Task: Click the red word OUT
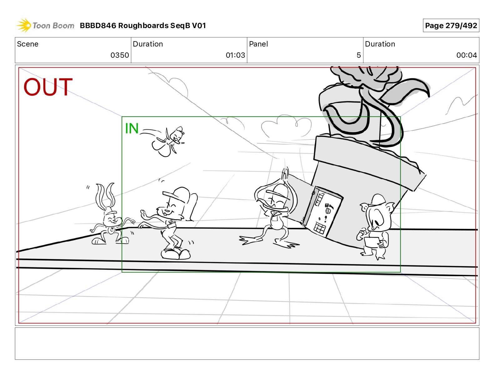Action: pos(48,87)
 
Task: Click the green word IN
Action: pos(132,128)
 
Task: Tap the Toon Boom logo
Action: pos(45,26)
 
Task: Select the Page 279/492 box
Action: pos(451,26)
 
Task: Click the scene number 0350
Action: pos(120,55)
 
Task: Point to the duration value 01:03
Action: pos(235,55)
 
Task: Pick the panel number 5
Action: pos(358,55)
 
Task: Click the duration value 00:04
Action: pos(467,55)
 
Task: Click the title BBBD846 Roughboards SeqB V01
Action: pos(143,26)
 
